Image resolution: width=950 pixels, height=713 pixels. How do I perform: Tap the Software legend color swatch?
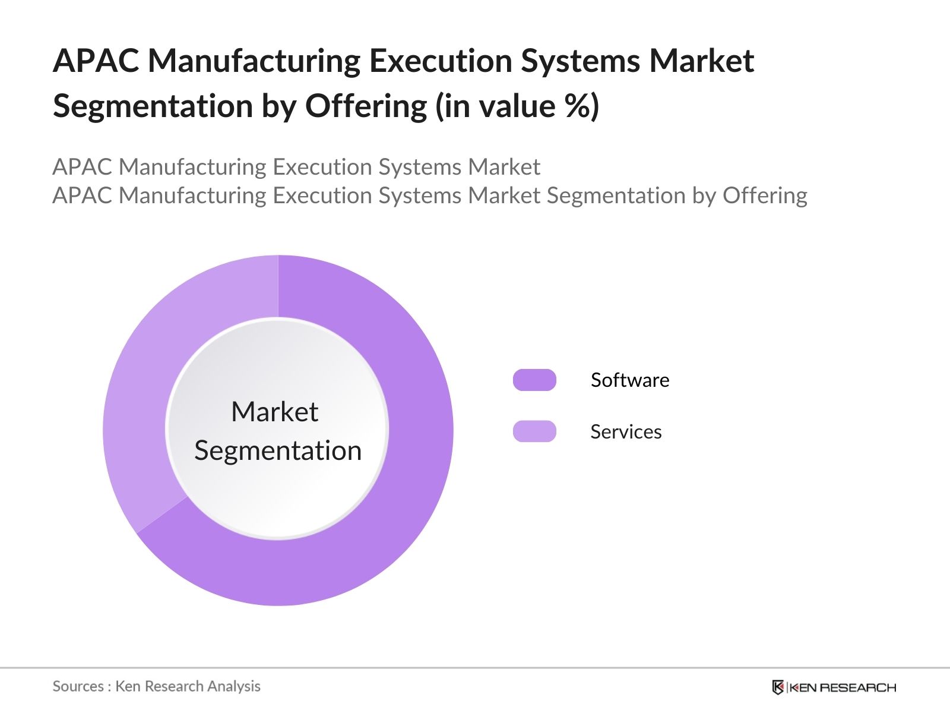534,380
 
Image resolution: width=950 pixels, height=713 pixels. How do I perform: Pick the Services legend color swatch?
534,431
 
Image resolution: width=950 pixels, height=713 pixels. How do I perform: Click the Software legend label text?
630,380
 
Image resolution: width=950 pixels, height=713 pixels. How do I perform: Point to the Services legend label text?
626,431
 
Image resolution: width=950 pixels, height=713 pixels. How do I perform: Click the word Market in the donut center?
274,411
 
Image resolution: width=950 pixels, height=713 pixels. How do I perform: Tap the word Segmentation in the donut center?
278,450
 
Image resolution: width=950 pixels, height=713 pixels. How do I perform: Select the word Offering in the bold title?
366,106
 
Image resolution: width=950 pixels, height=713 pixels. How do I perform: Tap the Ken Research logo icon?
778,687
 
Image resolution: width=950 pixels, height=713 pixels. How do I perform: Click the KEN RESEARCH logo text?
842,687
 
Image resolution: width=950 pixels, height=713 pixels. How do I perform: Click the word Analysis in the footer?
234,686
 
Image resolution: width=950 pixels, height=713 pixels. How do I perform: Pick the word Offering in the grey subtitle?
765,195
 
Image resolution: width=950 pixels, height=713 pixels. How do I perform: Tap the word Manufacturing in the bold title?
254,61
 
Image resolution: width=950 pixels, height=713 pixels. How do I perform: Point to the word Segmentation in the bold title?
153,106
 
